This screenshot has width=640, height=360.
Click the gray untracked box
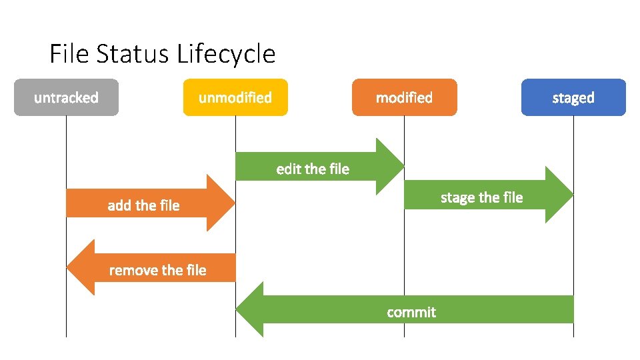66,97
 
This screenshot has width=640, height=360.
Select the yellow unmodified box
235,97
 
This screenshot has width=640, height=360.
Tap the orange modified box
404,97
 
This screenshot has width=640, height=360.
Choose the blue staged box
573,97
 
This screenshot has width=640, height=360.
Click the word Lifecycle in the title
227,54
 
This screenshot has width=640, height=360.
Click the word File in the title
69,54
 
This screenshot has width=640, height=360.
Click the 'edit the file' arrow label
313,169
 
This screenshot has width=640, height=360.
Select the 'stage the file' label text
482,197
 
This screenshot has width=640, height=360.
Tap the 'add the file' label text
143,205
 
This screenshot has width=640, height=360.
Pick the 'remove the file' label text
157,270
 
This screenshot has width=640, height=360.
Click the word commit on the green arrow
411,312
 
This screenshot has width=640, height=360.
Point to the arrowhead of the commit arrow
250,309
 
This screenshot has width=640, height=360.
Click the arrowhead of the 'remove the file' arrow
81,267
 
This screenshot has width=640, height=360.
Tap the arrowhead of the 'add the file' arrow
221,203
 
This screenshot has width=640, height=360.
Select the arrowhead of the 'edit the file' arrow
390,166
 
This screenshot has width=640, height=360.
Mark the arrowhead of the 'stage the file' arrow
559,195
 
